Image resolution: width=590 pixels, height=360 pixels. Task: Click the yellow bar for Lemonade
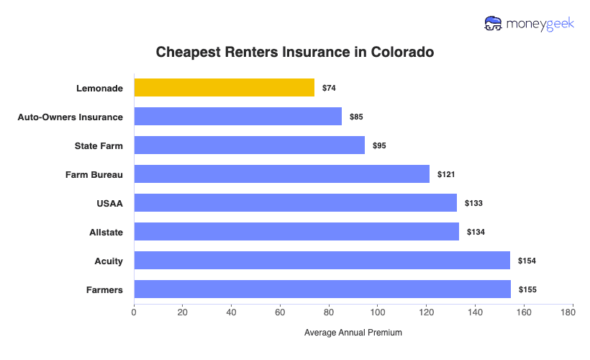[x=224, y=88]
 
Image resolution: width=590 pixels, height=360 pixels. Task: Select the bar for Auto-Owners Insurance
[x=237, y=117]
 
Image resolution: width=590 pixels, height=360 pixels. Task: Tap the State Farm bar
[x=249, y=145]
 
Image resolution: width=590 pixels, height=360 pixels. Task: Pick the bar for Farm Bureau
[x=281, y=174]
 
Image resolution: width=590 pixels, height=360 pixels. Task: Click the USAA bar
[x=295, y=203]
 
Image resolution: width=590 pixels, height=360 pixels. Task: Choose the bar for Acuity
[x=322, y=261]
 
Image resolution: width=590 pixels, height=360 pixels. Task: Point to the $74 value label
[x=329, y=88]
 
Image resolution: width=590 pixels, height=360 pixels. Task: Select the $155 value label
[x=527, y=289]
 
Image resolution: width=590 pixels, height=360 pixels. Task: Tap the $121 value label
[x=446, y=174]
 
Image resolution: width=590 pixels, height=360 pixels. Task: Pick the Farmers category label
[x=104, y=289]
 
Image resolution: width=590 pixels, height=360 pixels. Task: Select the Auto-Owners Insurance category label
[x=70, y=117]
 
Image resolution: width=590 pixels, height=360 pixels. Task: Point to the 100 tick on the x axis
[x=378, y=312]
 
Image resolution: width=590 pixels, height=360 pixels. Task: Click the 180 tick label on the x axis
[x=573, y=312]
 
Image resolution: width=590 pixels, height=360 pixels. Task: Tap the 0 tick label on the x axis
[x=134, y=312]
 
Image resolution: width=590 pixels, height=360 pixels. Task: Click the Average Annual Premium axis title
[x=353, y=333]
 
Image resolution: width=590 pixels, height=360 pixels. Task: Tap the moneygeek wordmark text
[x=540, y=24]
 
